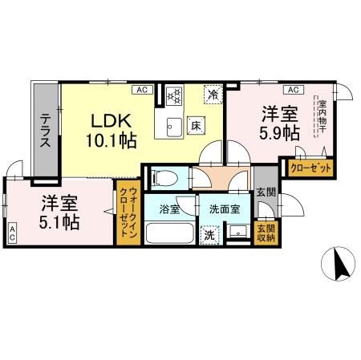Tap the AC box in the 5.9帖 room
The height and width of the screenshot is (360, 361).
tap(291, 90)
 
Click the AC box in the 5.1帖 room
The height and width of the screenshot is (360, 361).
tap(12, 234)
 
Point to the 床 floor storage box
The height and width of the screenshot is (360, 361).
tap(195, 125)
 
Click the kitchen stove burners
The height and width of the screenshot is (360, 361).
tap(175, 96)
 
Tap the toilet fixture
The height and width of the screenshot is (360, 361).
tap(164, 176)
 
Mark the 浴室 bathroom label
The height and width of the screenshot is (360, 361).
tap(168, 209)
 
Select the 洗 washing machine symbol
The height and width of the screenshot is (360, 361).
tap(209, 236)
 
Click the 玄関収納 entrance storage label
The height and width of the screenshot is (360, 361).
tap(264, 232)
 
